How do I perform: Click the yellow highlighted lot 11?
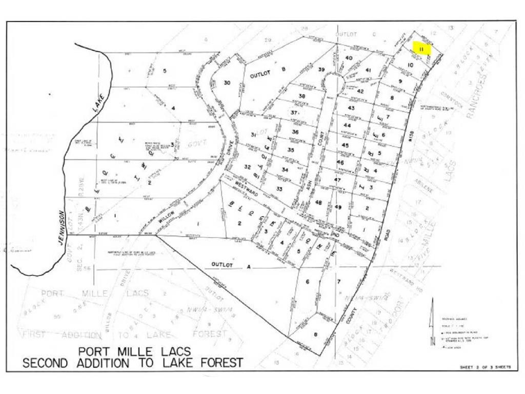point(421,49)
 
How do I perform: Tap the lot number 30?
point(226,82)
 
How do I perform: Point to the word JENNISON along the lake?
point(65,228)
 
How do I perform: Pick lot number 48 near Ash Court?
point(319,202)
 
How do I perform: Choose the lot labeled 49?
point(338,206)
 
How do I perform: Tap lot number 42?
point(360,91)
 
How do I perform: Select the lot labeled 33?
point(279,189)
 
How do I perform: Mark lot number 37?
point(294,112)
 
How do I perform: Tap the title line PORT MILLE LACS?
point(134,352)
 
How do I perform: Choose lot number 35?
point(291,150)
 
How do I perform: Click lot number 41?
point(368,70)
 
